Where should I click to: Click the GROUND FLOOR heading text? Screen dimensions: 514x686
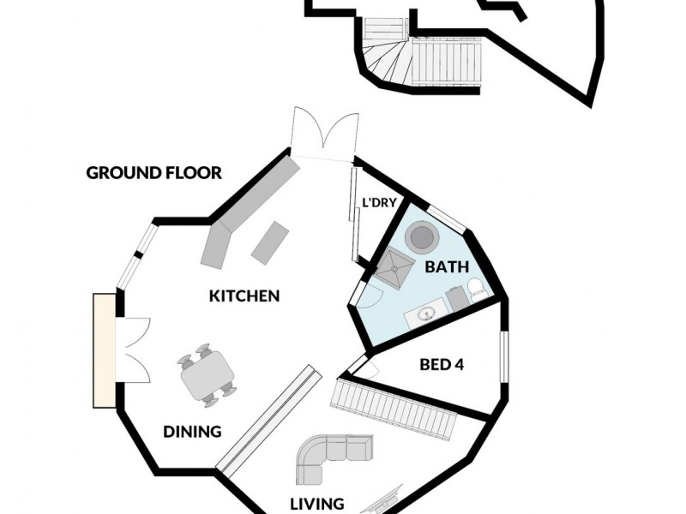click(x=154, y=173)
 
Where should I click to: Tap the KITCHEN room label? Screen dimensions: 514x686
click(x=244, y=296)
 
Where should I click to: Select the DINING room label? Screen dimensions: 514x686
click(x=193, y=432)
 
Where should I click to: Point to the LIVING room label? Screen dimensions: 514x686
click(x=317, y=504)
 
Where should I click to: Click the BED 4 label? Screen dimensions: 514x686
click(x=442, y=365)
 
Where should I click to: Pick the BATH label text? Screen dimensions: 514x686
click(x=447, y=267)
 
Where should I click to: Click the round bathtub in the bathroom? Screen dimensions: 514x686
click(x=422, y=236)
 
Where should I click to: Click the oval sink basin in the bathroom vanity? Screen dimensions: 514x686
click(x=424, y=316)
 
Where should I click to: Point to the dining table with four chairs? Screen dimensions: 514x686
click(x=207, y=374)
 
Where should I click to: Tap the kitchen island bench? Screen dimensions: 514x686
click(x=270, y=241)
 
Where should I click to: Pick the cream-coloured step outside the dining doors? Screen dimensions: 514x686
click(x=104, y=351)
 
